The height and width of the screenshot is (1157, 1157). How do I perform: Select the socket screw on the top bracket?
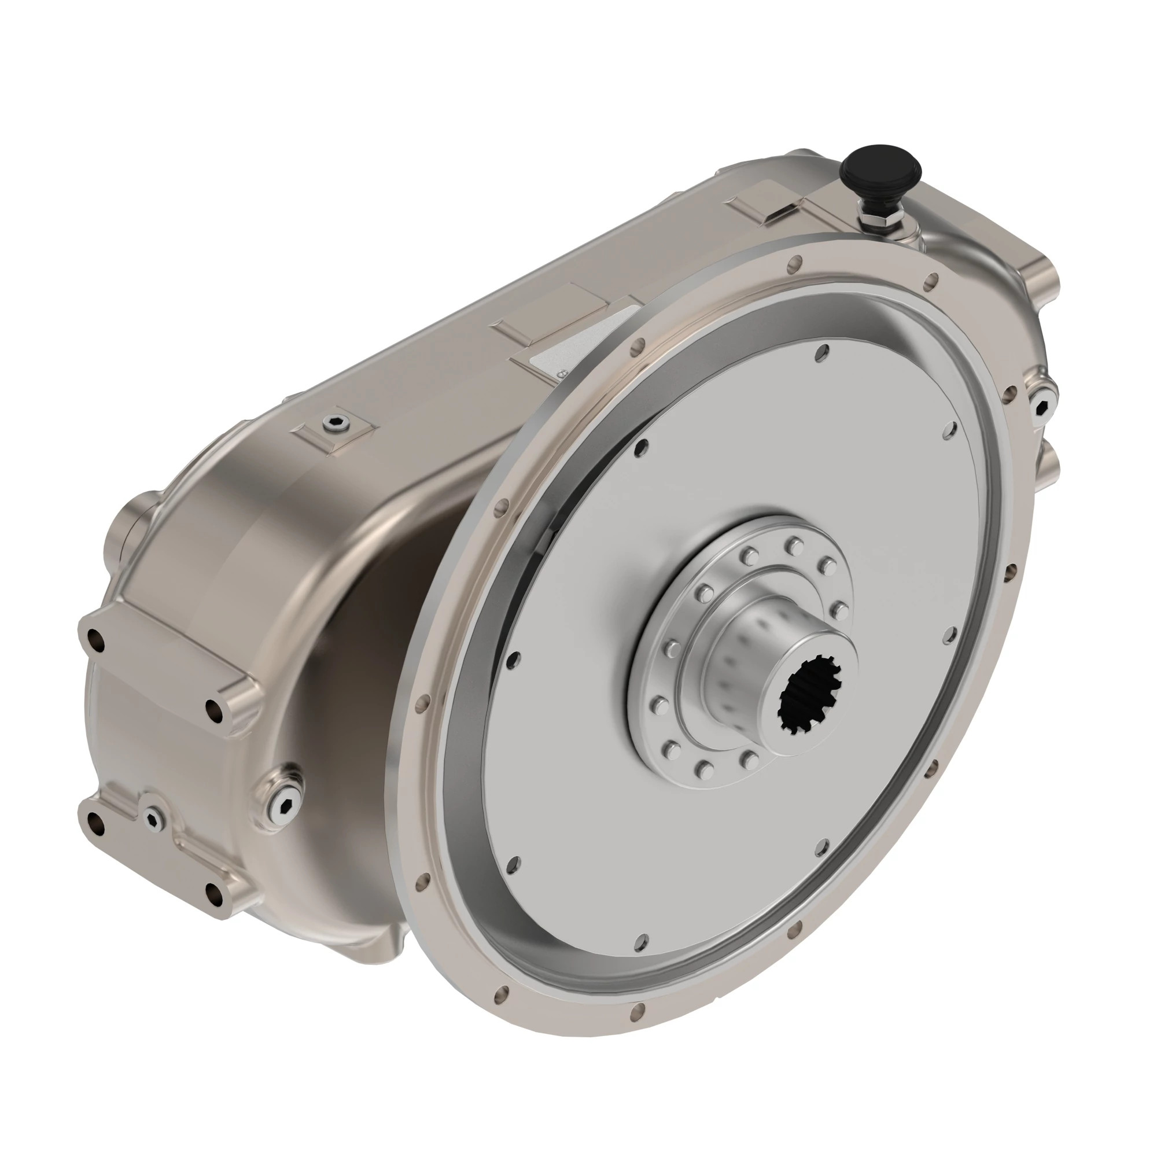(x=334, y=423)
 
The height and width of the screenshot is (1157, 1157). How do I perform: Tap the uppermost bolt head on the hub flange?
(x=795, y=544)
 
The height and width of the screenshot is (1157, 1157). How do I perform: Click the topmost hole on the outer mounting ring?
(x=795, y=261)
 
